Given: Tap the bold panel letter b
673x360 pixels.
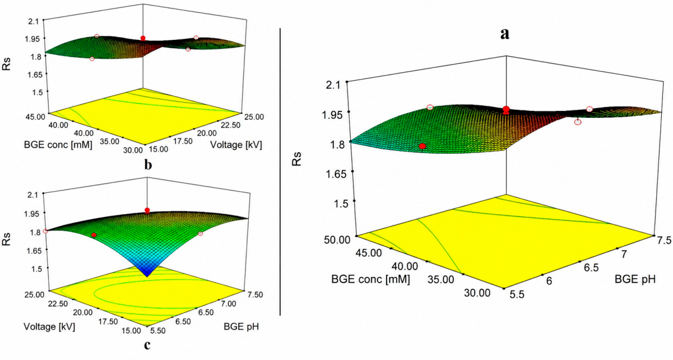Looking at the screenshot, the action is [148, 164].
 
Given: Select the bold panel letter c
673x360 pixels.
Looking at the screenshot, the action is [147, 345].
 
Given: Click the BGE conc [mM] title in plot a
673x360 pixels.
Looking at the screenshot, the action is [370, 279].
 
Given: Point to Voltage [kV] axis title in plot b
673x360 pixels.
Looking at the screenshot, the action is [236, 145].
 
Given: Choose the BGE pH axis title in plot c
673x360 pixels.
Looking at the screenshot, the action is [242, 326].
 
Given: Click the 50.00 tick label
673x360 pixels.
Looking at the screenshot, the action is [337, 240].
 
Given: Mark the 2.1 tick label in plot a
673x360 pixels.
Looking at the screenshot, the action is [333, 85].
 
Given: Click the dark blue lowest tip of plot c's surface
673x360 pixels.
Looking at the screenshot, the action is [147, 275].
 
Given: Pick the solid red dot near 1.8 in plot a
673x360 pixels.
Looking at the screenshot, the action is [423, 146].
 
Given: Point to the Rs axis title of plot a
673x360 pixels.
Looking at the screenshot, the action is [296, 159].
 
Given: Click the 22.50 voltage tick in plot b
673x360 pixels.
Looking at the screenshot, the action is [230, 125].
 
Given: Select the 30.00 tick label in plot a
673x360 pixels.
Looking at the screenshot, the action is [477, 293].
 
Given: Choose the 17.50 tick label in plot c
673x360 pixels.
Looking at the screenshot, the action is [108, 321].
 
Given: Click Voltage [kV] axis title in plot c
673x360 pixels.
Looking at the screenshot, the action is [49, 326].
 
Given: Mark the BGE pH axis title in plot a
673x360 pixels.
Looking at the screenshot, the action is [635, 279].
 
